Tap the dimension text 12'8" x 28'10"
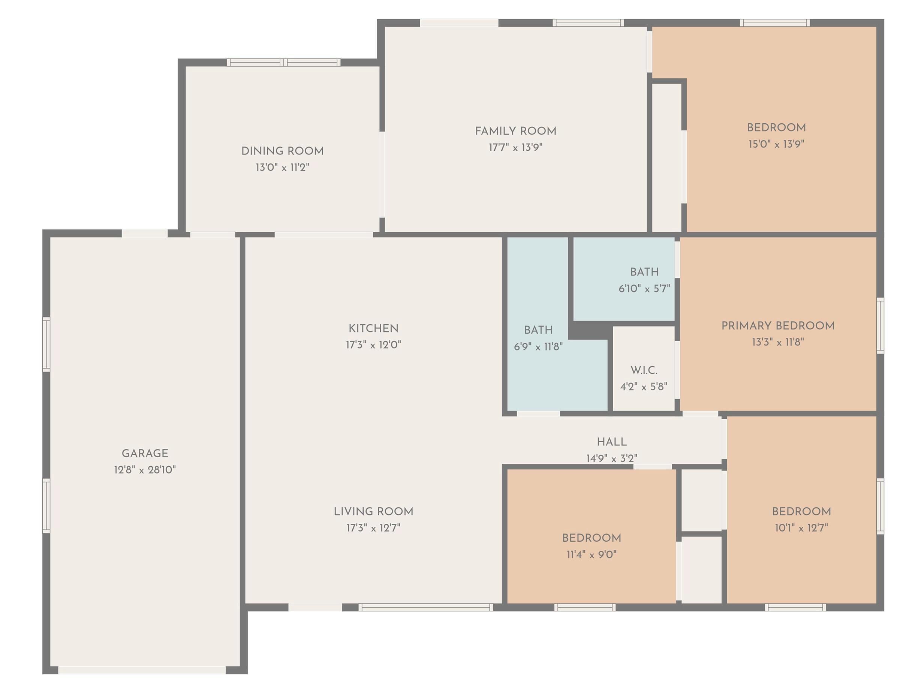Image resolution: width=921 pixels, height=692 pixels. coord(145,470)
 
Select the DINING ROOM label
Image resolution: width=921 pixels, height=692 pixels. coord(282,151)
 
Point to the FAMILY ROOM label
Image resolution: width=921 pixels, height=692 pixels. coord(515,131)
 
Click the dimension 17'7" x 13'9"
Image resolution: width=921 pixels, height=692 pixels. coord(515,147)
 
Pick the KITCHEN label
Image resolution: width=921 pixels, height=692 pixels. coord(373,328)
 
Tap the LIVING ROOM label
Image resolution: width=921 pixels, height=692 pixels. coord(373,511)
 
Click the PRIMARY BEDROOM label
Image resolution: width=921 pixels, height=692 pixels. coord(778,326)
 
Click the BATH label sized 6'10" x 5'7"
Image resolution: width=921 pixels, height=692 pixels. coord(644,272)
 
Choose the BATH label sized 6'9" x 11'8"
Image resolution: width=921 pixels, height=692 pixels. coord(538,330)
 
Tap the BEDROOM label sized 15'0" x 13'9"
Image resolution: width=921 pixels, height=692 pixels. coord(776,127)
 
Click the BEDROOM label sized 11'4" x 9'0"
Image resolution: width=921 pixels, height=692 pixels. coord(591,538)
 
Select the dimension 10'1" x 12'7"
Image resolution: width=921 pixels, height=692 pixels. coord(801,528)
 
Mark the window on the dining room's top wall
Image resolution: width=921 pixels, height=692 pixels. coord(283,63)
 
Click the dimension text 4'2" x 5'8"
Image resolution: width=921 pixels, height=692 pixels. coord(644,386)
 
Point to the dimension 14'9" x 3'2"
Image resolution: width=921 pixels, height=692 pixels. coord(612,458)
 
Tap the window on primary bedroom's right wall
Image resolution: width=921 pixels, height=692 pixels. coord(880,326)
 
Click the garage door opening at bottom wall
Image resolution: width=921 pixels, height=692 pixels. coord(142,670)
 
